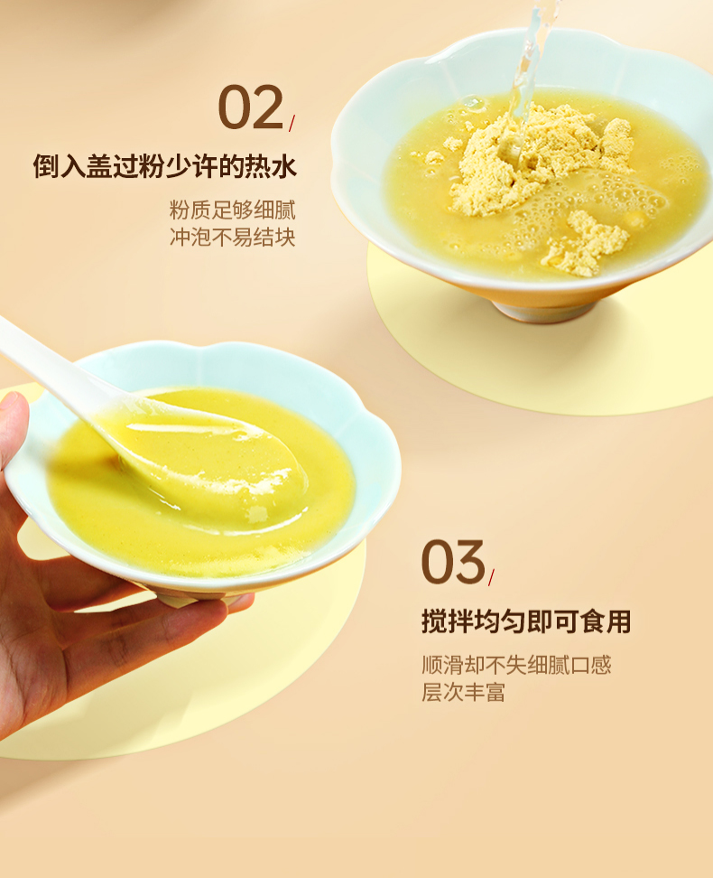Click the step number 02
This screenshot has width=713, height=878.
pyautogui.click(x=250, y=107)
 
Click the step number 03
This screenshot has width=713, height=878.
pyautogui.click(x=453, y=562)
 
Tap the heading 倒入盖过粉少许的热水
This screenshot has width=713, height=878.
pyautogui.click(x=164, y=166)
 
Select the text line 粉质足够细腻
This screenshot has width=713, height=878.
pyautogui.click(x=232, y=210)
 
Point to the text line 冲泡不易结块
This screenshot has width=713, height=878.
pyautogui.click(x=232, y=238)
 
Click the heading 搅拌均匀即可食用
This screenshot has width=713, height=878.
pyautogui.click(x=526, y=621)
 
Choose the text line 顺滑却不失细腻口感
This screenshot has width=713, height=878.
pyautogui.click(x=516, y=665)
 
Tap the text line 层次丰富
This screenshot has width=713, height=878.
pyautogui.click(x=463, y=692)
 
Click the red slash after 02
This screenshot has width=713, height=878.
pyautogui.click(x=292, y=123)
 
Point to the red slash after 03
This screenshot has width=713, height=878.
pyautogui.click(x=491, y=577)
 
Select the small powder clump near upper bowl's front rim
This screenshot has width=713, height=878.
pyautogui.click(x=582, y=244)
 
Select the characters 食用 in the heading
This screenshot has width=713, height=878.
pyautogui.click(x=605, y=621)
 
